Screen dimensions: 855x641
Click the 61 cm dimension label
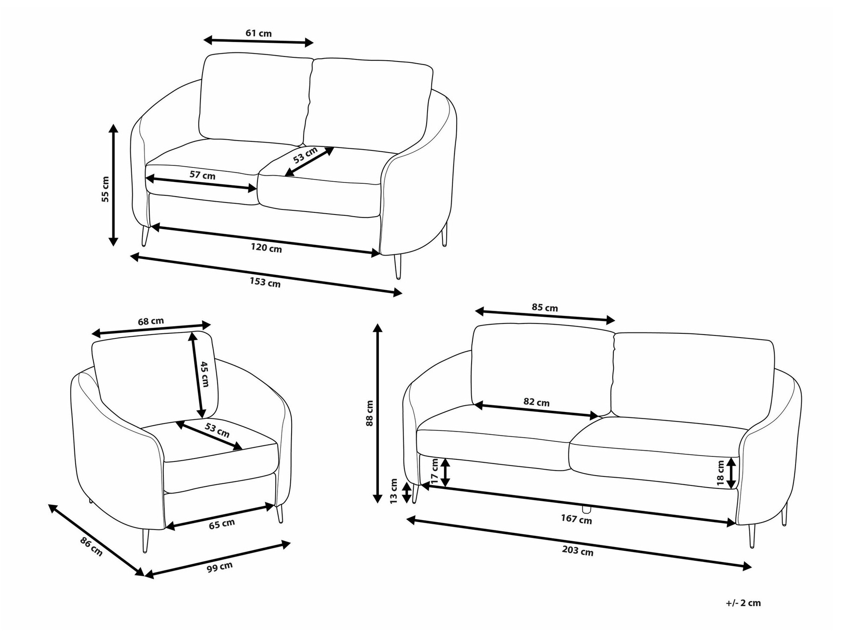click(259, 33)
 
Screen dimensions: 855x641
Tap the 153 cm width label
click(265, 282)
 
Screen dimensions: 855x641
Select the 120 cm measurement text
click(266, 248)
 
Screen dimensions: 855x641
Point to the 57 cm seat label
click(203, 175)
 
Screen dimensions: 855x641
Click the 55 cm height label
click(105, 189)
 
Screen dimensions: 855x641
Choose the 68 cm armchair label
click(150, 321)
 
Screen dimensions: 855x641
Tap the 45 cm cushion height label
click(204, 374)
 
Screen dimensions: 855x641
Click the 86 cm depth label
click(91, 547)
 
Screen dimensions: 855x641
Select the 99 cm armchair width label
click(220, 567)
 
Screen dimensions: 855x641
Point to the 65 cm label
click(222, 524)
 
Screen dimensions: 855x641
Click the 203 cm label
click(578, 551)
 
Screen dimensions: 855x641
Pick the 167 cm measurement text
click(576, 519)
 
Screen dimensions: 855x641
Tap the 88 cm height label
click(370, 413)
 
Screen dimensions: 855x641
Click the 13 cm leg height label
click(394, 491)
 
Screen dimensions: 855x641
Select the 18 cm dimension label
click(721, 473)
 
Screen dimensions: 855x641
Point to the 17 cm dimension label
click(435, 471)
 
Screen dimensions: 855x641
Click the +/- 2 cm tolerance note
click(743, 603)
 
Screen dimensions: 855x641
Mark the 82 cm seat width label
click(537, 402)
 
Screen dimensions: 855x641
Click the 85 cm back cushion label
click(545, 307)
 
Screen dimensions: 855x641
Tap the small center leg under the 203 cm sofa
click(587, 509)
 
